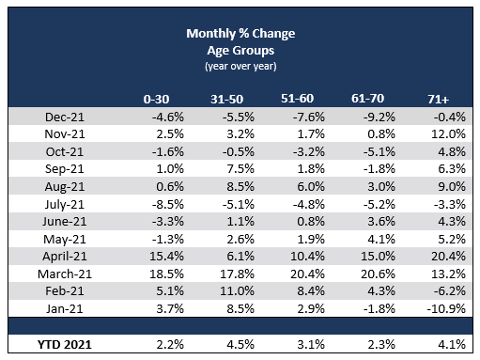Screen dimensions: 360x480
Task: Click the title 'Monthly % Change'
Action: tap(241, 34)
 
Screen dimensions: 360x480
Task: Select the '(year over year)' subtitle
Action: tap(241, 66)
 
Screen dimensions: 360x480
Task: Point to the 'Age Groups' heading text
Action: tap(241, 51)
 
